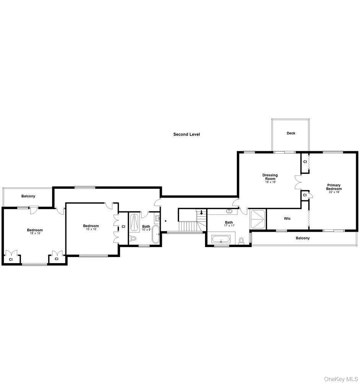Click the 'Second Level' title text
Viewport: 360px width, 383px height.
[x=186, y=134]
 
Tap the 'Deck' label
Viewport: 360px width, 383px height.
[x=291, y=133]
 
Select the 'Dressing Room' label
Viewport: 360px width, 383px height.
[x=270, y=177]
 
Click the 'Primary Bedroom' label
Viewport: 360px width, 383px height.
[x=334, y=187]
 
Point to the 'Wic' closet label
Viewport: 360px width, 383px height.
[x=287, y=219]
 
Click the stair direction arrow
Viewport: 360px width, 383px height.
[x=202, y=213]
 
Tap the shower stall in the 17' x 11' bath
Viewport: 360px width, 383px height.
[x=258, y=219]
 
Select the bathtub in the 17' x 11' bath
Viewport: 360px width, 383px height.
[x=221, y=241]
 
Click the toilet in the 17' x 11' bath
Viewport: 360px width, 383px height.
[x=241, y=241]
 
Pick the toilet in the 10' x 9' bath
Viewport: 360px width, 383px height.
[x=133, y=239]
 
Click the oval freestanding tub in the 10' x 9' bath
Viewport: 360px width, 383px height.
[x=156, y=235]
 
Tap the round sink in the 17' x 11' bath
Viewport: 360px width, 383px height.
[x=230, y=211]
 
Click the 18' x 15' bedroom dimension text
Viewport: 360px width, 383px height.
[x=35, y=233]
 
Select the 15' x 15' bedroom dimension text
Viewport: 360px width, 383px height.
[x=91, y=229]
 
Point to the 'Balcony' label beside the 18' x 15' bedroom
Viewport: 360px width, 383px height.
[x=28, y=196]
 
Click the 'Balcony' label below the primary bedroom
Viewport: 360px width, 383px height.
[x=303, y=238]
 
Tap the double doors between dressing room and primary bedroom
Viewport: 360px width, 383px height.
[x=298, y=182]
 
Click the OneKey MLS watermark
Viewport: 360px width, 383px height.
[x=341, y=379]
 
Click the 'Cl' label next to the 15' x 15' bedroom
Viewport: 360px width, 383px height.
[x=123, y=227]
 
